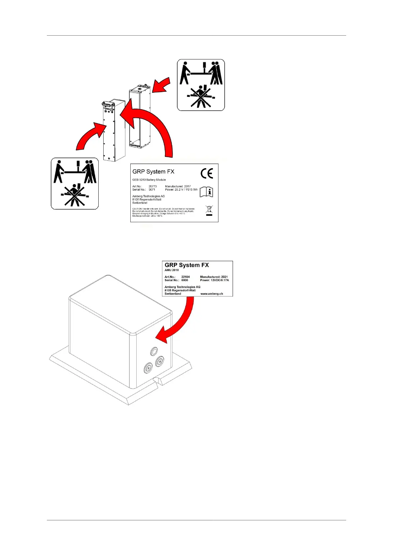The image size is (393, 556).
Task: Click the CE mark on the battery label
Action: point(207,173)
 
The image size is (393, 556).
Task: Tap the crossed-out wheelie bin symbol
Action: point(209,210)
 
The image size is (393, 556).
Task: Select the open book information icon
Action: point(207,191)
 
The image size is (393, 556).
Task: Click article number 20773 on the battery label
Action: point(153,186)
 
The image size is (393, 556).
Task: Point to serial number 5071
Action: point(152,190)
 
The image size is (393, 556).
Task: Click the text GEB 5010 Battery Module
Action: point(149,180)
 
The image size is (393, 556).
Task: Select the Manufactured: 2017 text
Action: point(178,186)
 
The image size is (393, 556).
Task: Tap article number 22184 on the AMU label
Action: point(185,277)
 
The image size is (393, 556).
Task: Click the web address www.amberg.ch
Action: point(212,294)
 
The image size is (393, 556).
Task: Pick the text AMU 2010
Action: point(172,270)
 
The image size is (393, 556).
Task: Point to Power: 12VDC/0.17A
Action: point(214,280)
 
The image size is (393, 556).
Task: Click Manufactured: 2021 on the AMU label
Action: point(214,277)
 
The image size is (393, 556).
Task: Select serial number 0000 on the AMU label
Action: point(184,280)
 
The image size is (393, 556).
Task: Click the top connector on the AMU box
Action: point(154,351)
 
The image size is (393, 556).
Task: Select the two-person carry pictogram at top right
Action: point(201,85)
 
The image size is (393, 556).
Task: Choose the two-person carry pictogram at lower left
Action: point(75,184)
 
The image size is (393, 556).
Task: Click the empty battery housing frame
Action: point(140,117)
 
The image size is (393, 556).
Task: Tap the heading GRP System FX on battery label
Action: point(153,172)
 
